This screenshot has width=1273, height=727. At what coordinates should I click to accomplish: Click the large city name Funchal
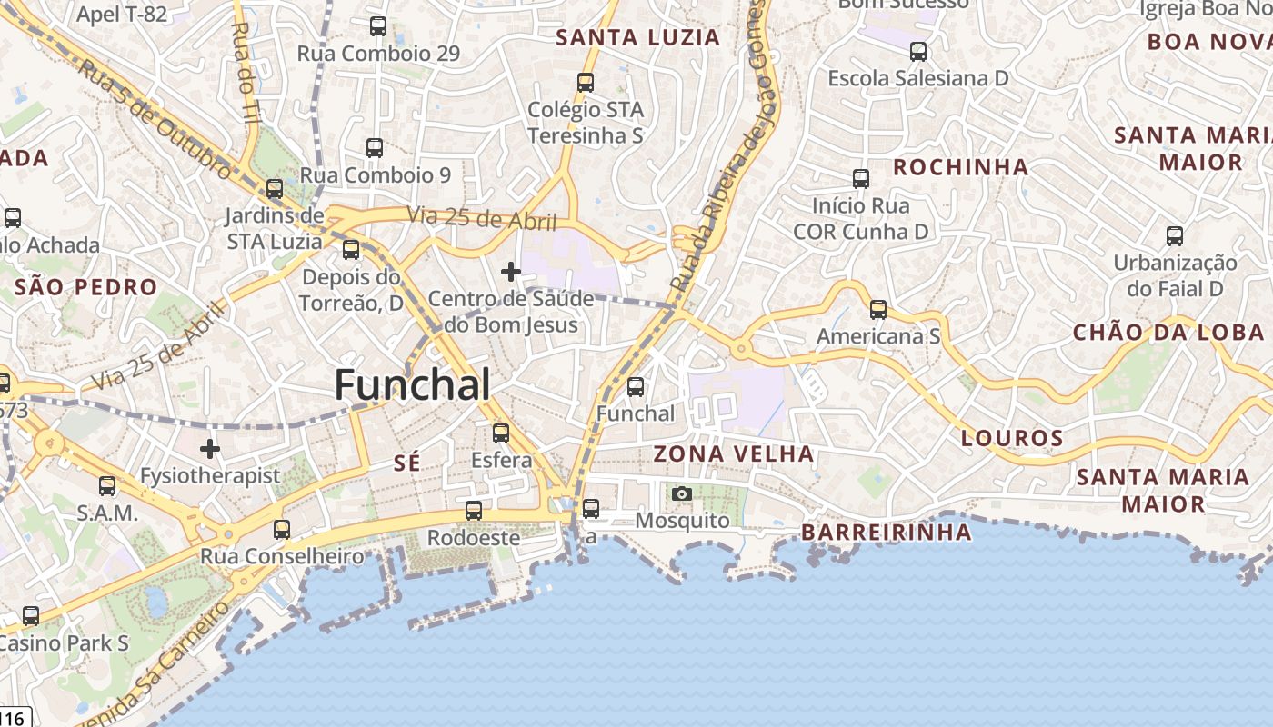(x=412, y=385)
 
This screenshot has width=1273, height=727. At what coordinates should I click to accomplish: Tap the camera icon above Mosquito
(x=681, y=493)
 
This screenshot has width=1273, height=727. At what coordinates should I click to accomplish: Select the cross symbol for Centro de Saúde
(x=511, y=271)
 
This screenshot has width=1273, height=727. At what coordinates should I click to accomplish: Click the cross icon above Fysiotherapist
(x=210, y=448)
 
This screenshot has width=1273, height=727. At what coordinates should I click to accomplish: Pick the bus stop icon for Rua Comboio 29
(x=378, y=26)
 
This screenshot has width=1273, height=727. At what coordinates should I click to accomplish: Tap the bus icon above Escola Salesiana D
(x=917, y=51)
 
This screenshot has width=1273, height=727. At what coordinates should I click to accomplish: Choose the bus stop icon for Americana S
(x=877, y=310)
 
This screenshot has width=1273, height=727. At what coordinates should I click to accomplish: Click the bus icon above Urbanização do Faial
(x=1174, y=236)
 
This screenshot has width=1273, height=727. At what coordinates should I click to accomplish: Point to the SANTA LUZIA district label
(x=637, y=37)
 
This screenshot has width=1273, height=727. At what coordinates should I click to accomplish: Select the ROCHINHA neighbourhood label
(x=960, y=167)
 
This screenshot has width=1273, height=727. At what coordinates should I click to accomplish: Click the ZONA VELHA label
(x=734, y=453)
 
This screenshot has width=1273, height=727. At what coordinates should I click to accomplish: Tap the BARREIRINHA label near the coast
(x=887, y=532)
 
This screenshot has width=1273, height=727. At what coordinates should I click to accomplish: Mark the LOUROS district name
(x=1011, y=438)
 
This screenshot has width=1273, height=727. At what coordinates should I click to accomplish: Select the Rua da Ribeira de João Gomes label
(x=717, y=145)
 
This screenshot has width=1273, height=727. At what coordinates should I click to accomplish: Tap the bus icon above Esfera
(x=500, y=433)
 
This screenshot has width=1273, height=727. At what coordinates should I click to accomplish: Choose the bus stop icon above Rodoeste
(x=473, y=511)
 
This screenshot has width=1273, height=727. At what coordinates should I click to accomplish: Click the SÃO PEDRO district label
(x=86, y=287)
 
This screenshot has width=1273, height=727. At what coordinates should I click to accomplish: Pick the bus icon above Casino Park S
(x=31, y=616)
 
